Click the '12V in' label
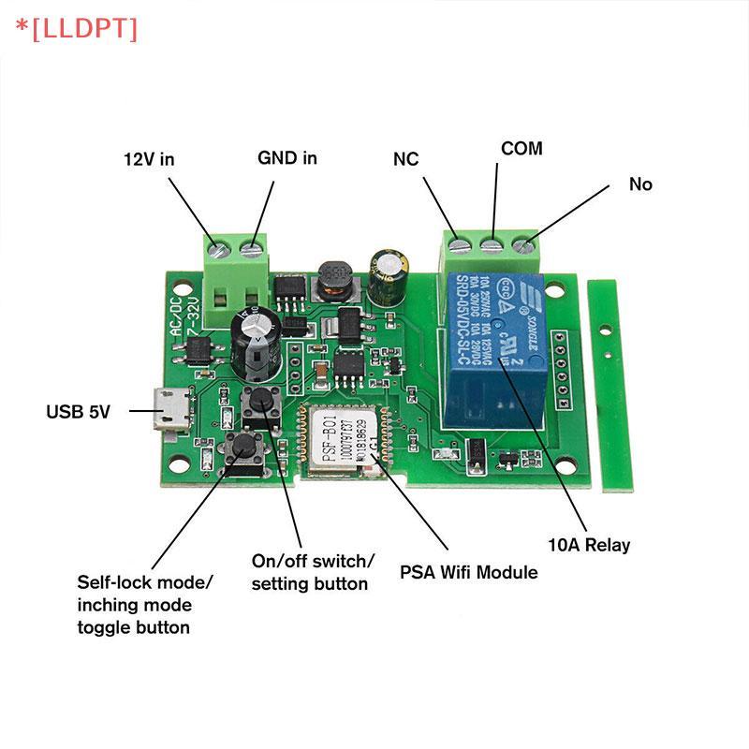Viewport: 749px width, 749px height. click(150, 159)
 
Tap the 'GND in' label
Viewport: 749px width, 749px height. click(287, 158)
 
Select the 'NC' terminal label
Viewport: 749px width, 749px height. click(405, 159)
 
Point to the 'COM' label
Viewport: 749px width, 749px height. click(521, 149)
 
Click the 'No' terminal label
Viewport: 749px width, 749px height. click(640, 184)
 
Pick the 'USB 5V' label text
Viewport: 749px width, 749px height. click(79, 411)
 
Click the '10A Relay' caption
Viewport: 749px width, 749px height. click(589, 545)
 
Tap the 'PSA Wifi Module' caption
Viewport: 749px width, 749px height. click(468, 572)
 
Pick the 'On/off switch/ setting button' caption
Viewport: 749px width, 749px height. click(313, 571)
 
